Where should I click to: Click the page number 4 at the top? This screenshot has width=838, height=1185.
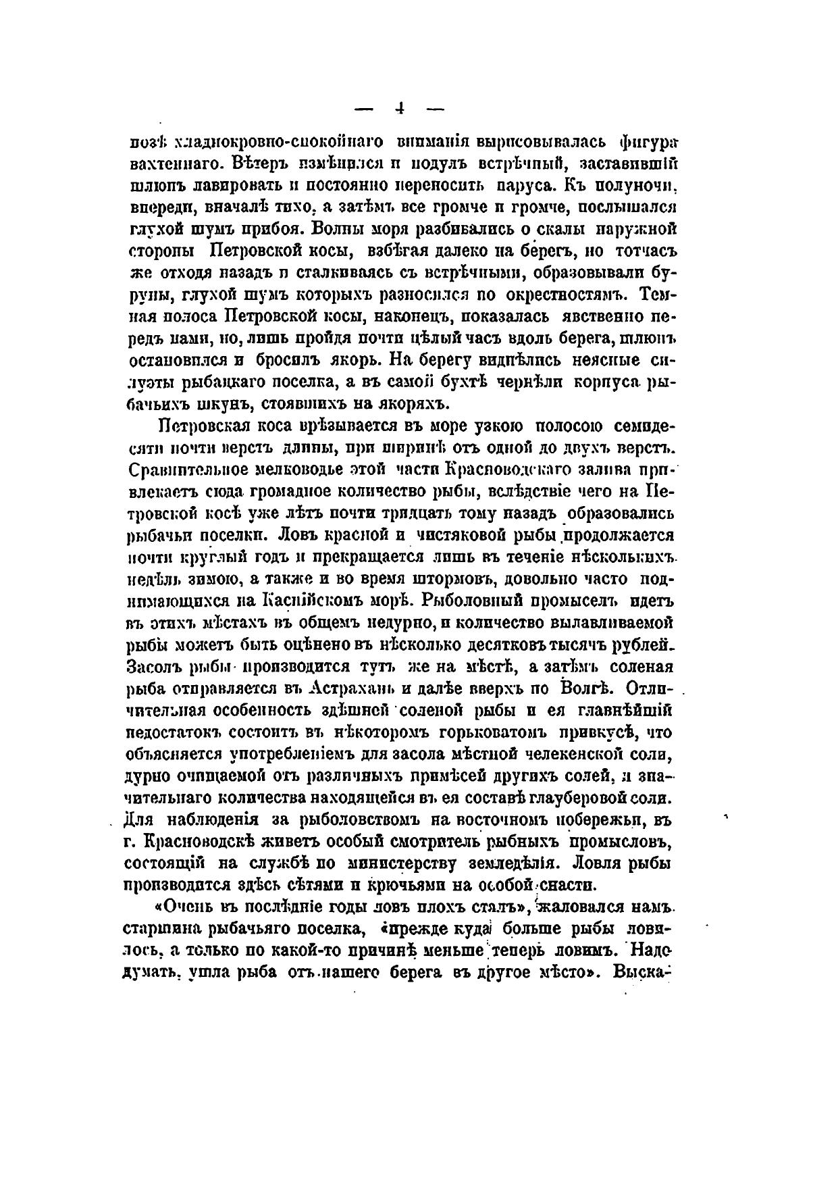(x=401, y=107)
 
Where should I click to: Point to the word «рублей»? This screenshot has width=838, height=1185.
(x=641, y=645)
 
